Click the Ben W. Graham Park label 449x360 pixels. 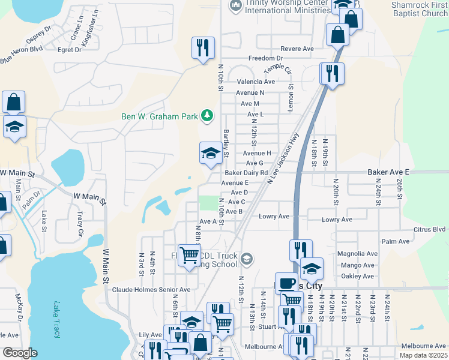[x=160, y=116]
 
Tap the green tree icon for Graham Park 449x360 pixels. [x=207, y=115]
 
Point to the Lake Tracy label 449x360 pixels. [x=57, y=319]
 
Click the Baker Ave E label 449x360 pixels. [x=388, y=172]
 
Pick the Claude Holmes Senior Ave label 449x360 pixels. [x=151, y=289]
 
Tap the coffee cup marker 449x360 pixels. [x=287, y=283]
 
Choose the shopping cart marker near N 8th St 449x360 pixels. [x=190, y=256]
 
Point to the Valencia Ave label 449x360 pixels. [x=256, y=82]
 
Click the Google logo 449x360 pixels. [x=20, y=353]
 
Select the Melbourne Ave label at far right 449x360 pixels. [x=424, y=346]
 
